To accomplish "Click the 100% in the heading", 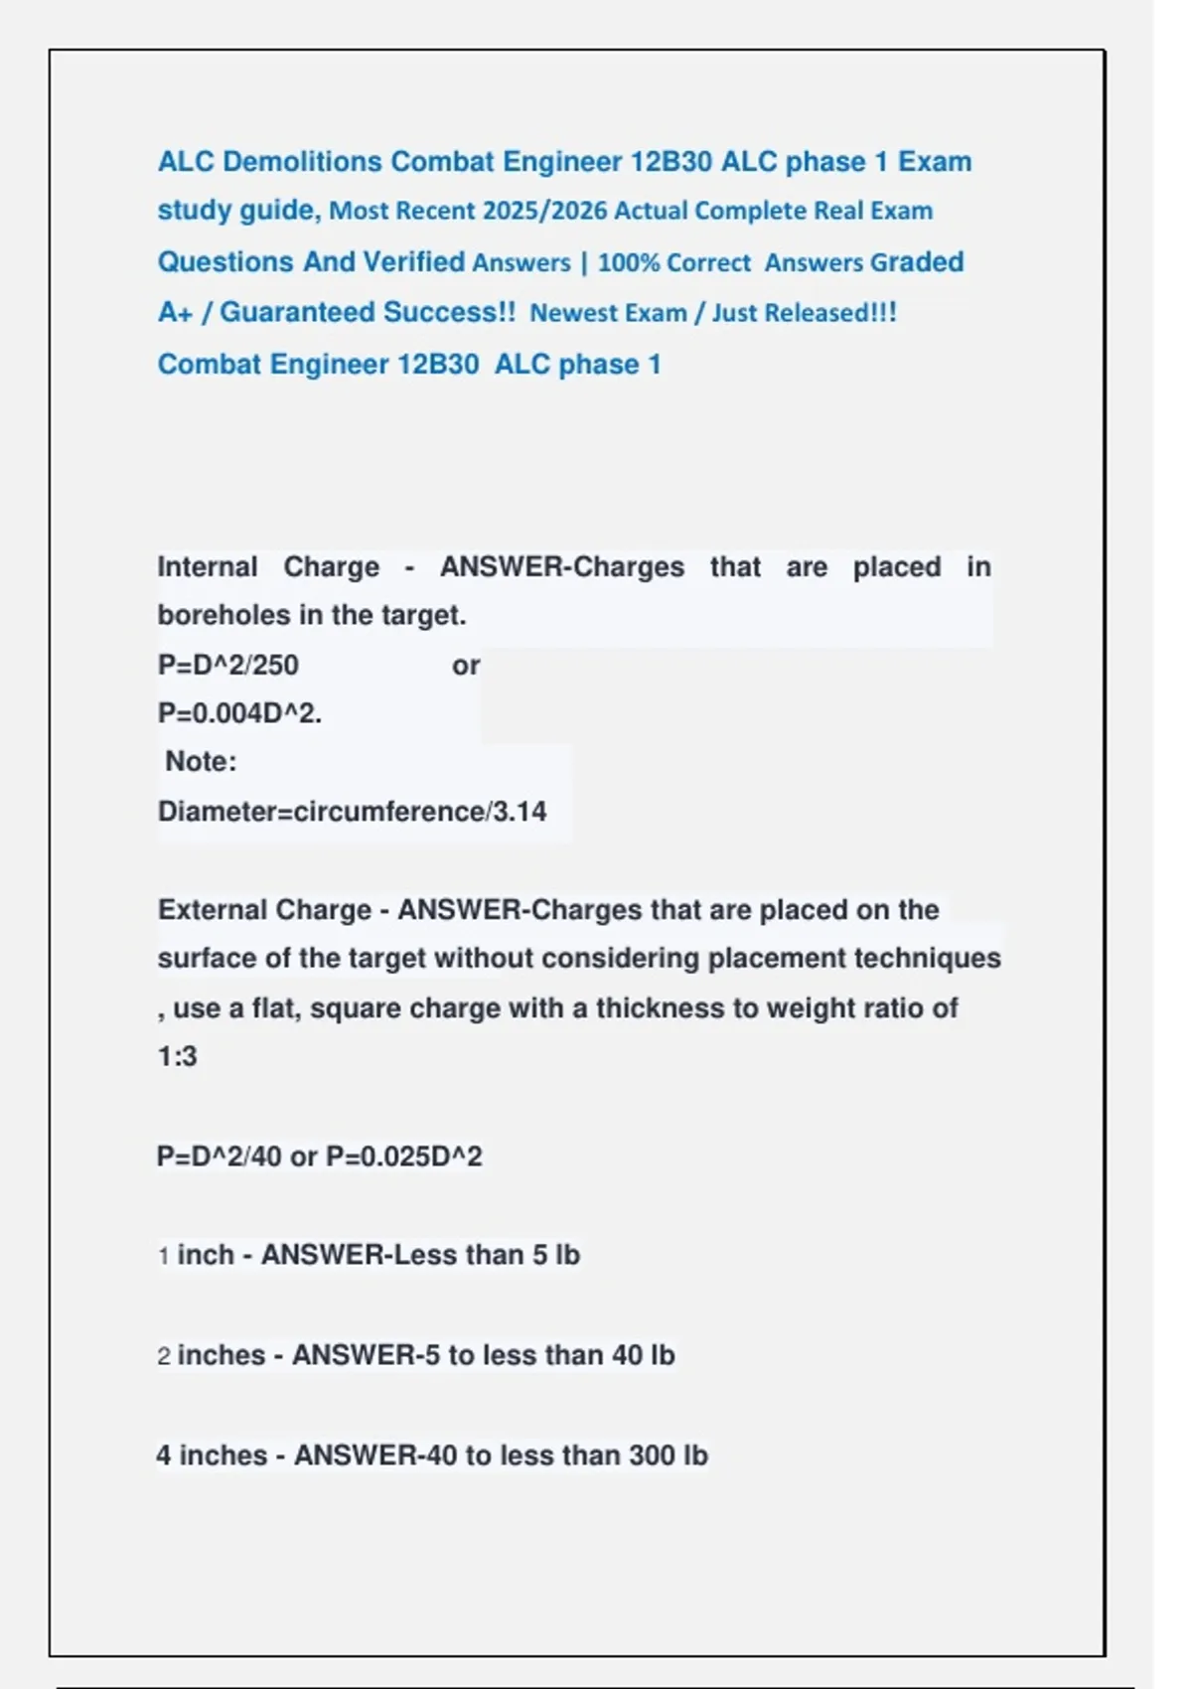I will coord(629,263).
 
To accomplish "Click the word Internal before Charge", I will coord(207,567).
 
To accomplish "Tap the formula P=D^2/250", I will coord(227,665).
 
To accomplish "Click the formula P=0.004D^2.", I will coord(239,713).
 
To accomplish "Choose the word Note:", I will coord(201,762).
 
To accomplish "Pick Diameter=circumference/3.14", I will coord(352,812).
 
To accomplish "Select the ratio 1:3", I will coord(177,1056).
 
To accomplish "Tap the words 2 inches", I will coord(211,1355).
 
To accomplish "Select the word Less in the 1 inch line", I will coord(421,1255).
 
